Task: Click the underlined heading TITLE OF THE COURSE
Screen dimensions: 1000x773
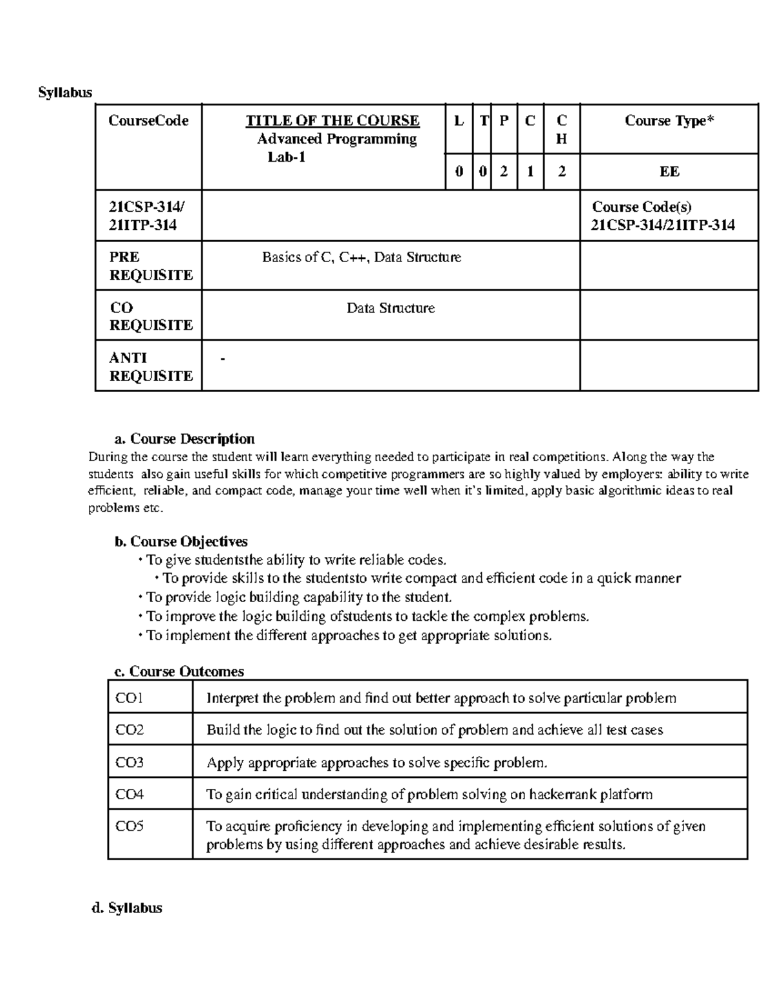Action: [332, 121]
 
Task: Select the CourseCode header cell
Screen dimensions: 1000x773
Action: [148, 121]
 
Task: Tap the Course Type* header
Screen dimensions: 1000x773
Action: [669, 121]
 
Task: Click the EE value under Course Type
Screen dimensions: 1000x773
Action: [669, 172]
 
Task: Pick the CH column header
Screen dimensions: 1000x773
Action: [562, 129]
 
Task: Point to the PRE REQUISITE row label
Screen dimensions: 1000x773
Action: [151, 266]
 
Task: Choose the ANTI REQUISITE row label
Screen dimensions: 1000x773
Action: [151, 366]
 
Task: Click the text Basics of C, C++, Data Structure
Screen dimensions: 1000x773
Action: [361, 258]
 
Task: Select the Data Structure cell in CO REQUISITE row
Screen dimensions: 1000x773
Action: [390, 308]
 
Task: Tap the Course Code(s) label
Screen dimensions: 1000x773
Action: [642, 207]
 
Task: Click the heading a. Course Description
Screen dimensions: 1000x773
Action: [184, 439]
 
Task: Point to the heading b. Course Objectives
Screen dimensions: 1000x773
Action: [181, 542]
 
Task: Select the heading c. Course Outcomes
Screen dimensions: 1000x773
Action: [179, 672]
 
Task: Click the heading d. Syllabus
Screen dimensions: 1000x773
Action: [127, 909]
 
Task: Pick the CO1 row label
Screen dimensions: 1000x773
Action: [129, 698]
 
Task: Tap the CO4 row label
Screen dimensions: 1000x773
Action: [129, 795]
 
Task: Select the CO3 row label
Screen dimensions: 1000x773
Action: [129, 763]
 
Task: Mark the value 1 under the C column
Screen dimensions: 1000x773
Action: [530, 172]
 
